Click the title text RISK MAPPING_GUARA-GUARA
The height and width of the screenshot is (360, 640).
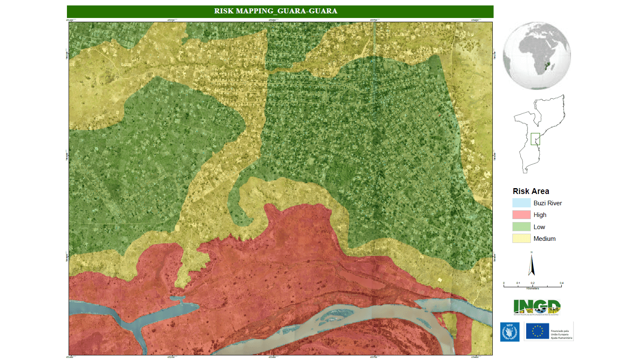pyautogui.click(x=276, y=11)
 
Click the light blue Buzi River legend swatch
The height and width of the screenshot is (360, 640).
pyautogui.click(x=521, y=203)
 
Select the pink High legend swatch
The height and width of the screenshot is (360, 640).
pyautogui.click(x=521, y=215)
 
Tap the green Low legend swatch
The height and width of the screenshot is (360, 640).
pyautogui.click(x=521, y=227)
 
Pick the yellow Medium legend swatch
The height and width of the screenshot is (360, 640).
pyautogui.click(x=521, y=238)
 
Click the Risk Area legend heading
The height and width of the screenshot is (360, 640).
pyautogui.click(x=531, y=191)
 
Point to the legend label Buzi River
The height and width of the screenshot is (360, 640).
pyautogui.click(x=548, y=203)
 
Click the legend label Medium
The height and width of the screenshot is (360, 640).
pyautogui.click(x=544, y=239)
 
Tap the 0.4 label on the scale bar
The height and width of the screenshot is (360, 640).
pyautogui.click(x=561, y=283)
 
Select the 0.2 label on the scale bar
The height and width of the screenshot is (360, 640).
pyautogui.click(x=532, y=283)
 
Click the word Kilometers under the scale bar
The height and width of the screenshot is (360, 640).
pyautogui.click(x=532, y=289)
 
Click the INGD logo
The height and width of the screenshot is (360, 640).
pyautogui.click(x=537, y=307)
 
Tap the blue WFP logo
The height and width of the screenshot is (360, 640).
pyautogui.click(x=509, y=332)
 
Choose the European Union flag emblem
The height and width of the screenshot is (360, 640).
pyautogui.click(x=537, y=331)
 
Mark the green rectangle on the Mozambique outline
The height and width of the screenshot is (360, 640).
pyautogui.click(x=535, y=139)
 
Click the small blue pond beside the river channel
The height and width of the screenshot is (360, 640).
pyautogui.click(x=177, y=299)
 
